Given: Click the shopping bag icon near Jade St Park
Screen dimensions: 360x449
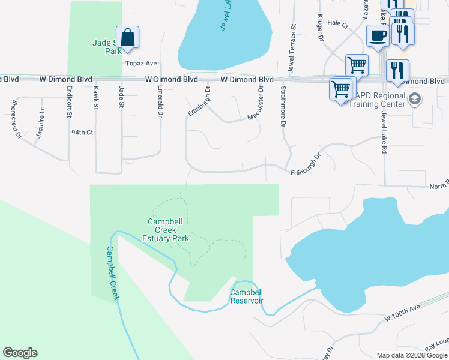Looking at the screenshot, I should pos(128,38).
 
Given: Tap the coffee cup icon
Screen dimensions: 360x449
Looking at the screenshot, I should pos(377,36).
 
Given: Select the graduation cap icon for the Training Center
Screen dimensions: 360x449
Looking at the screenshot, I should pos(414,98).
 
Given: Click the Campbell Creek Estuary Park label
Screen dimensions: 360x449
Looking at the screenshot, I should pos(169,230).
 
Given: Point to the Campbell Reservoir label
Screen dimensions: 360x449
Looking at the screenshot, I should pos(247,296).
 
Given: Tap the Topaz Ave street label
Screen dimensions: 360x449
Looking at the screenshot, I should pos(140,63).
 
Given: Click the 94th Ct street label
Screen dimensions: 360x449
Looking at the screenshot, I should pos(82,132).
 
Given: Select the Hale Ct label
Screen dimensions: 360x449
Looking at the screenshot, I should pos(338,24).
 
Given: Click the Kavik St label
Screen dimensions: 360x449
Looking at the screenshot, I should pos(95,97).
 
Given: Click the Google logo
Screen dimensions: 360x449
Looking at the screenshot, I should pos(20,353).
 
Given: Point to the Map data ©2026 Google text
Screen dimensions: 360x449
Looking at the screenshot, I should pos(412,355).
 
